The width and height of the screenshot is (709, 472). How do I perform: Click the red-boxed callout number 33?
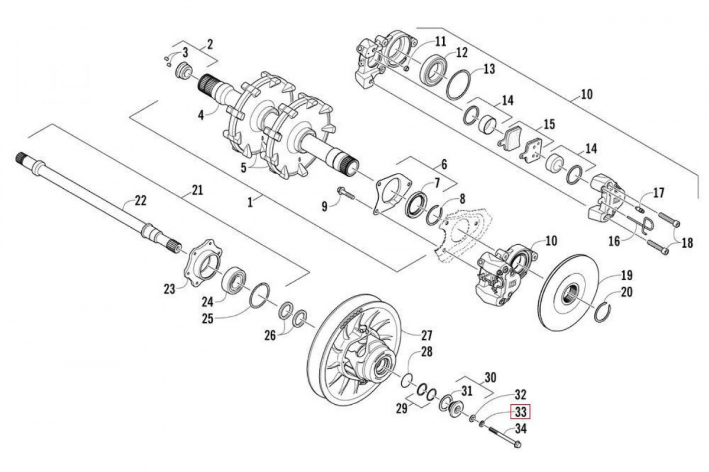coord(521,411)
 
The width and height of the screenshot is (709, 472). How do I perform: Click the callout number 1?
coord(251,201)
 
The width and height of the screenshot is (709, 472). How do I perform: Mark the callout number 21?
coord(197,190)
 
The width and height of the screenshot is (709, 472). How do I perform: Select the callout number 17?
coord(659,192)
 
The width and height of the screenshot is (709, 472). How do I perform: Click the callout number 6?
coord(444,165)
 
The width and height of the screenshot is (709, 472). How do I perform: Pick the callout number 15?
coord(549,124)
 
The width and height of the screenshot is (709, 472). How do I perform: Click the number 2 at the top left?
coord(210,43)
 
